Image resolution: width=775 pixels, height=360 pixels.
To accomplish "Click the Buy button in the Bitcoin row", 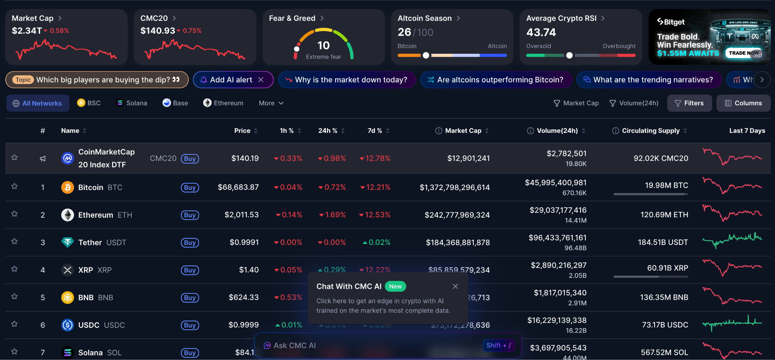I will (x=190, y=187).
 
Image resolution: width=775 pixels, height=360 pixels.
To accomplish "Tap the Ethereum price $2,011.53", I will (x=241, y=215).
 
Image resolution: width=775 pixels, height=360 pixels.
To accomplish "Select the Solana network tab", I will (x=131, y=103).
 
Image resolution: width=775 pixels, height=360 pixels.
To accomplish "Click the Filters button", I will (x=689, y=103).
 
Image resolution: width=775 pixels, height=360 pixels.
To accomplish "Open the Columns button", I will (x=743, y=103).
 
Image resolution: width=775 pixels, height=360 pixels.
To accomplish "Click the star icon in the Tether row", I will (x=14, y=241).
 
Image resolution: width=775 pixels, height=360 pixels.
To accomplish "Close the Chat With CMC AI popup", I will (x=455, y=286).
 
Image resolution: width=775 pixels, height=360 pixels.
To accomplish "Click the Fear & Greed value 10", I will (x=323, y=45).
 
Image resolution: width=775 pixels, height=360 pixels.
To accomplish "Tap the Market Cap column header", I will (x=463, y=131).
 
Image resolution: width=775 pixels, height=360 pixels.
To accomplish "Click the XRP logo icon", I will (x=67, y=270).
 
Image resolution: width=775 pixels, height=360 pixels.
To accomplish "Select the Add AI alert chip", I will (x=231, y=80).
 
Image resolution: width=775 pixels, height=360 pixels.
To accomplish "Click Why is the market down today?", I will (x=347, y=80).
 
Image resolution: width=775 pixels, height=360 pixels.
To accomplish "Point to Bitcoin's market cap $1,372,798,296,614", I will (x=454, y=187).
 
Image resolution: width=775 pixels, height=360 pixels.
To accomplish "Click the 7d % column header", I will (x=375, y=131).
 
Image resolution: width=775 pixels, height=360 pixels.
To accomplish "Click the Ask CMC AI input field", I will (x=371, y=345).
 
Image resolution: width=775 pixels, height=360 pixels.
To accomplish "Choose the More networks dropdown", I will (x=271, y=103).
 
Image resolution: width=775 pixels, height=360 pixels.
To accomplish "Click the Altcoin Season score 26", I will (x=404, y=32).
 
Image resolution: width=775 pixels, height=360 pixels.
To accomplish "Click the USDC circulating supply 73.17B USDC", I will (x=665, y=325).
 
